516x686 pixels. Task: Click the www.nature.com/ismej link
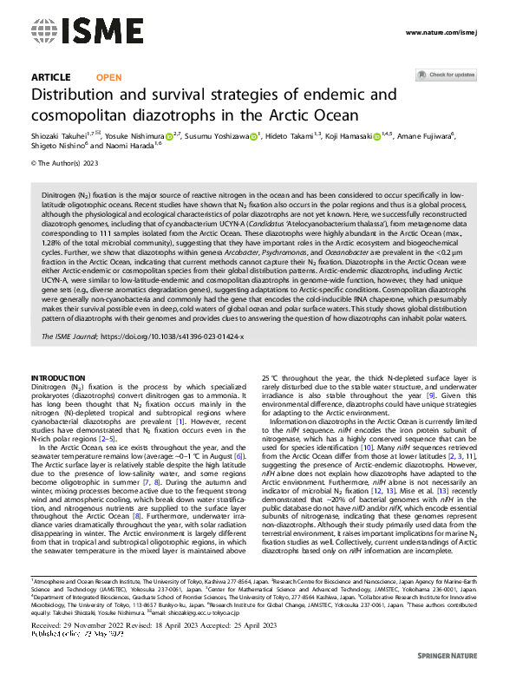coord(441,32)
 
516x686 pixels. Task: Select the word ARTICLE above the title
coord(51,77)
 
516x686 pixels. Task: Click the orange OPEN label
coord(109,77)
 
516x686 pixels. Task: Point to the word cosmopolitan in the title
coord(90,116)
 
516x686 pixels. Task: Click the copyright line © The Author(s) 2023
coord(66,162)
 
